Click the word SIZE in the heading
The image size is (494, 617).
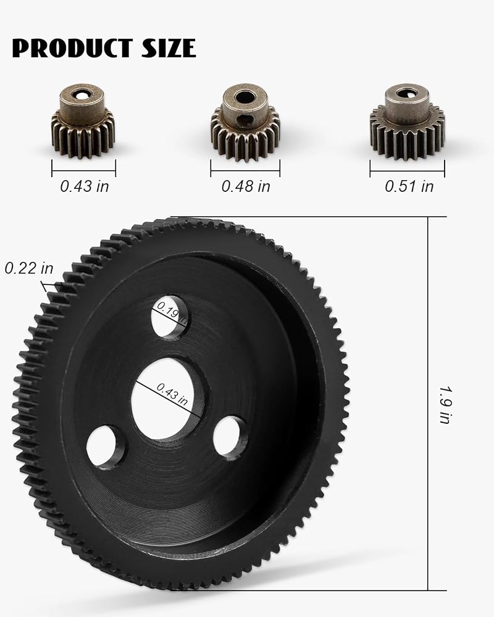(169, 48)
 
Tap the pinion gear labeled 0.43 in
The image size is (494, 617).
(83, 121)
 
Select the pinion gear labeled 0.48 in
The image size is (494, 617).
(245, 122)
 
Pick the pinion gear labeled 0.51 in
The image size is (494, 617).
(408, 122)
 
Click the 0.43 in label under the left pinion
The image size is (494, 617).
(85, 186)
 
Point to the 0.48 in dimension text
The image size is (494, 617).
(246, 186)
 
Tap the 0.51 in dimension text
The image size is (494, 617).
(409, 186)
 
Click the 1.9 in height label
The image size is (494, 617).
(446, 405)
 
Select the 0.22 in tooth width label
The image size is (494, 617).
(29, 268)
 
